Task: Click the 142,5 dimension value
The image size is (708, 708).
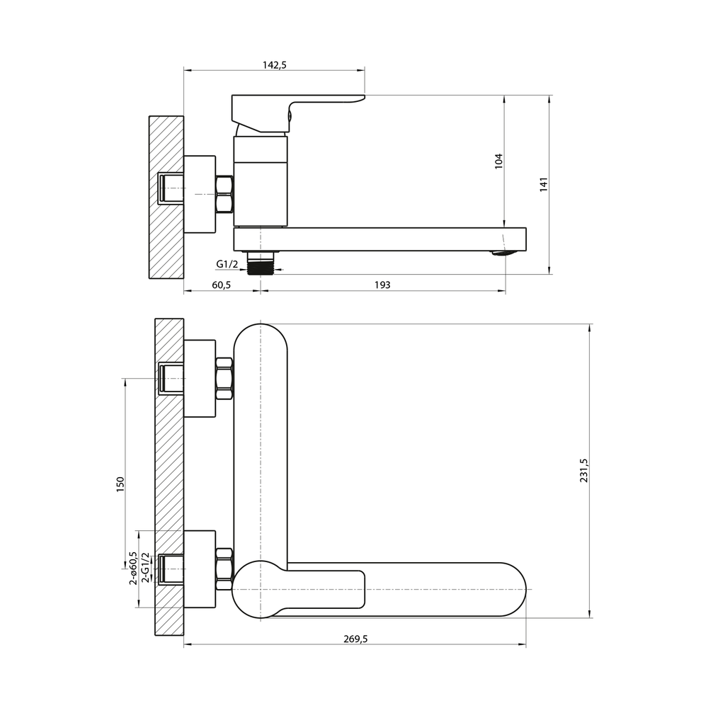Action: pyautogui.click(x=275, y=65)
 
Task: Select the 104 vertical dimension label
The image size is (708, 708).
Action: pyautogui.click(x=498, y=161)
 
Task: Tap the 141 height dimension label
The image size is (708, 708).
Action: pyautogui.click(x=544, y=185)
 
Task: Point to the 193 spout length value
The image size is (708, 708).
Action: pyautogui.click(x=382, y=285)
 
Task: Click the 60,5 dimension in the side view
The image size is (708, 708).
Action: pyautogui.click(x=221, y=285)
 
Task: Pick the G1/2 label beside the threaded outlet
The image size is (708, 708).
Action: pyautogui.click(x=227, y=264)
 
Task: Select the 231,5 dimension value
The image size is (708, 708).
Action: pyautogui.click(x=583, y=471)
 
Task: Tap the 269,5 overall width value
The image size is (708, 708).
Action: pyautogui.click(x=356, y=639)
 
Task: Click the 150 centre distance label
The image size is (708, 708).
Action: pyautogui.click(x=120, y=484)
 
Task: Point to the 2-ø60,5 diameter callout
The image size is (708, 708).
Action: pyautogui.click(x=133, y=568)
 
